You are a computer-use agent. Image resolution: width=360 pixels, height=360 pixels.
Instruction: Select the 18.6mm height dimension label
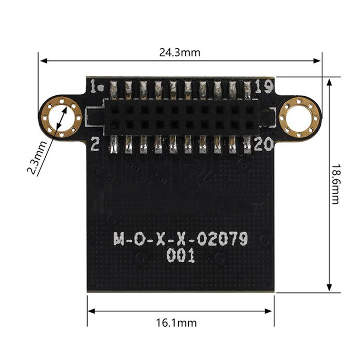(335, 183)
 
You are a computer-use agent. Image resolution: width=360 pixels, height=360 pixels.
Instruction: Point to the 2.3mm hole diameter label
(37, 158)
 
